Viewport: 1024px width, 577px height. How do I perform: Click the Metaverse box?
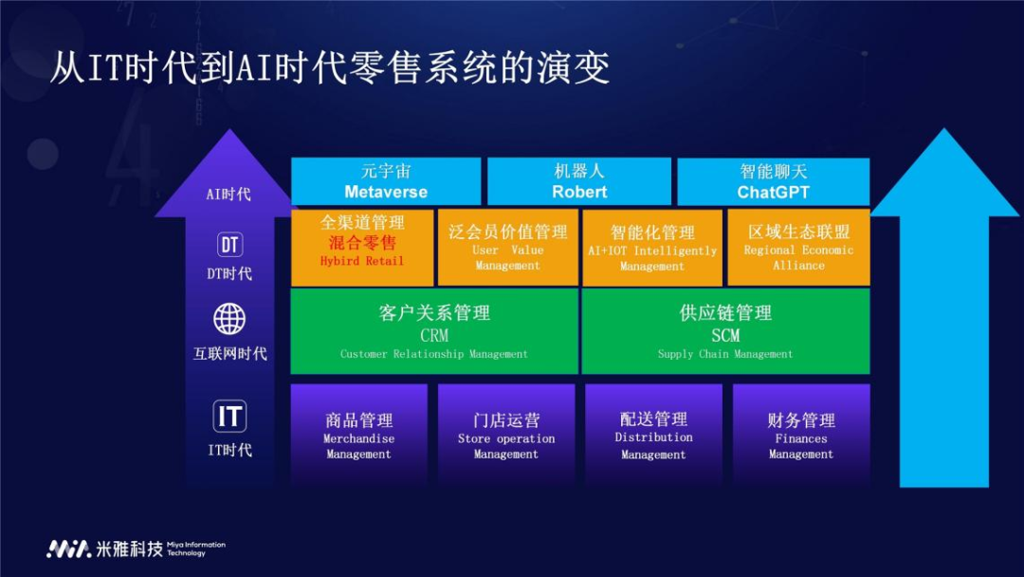click(386, 181)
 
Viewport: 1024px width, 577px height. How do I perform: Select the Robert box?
click(579, 181)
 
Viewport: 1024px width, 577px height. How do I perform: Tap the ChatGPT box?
click(773, 181)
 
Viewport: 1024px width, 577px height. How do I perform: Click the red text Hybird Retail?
click(362, 261)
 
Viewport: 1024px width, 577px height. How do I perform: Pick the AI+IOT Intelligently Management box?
click(652, 248)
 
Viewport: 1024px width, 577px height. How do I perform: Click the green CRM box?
click(433, 331)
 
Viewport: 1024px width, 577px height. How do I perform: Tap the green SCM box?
click(725, 331)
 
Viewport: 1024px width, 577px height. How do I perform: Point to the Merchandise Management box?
click(358, 436)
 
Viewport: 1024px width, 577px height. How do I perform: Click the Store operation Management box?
click(506, 436)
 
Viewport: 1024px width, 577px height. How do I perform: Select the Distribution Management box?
click(653, 436)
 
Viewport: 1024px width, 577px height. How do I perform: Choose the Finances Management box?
click(801, 436)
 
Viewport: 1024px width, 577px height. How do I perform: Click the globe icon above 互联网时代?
click(229, 319)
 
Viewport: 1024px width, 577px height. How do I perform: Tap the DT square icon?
click(229, 245)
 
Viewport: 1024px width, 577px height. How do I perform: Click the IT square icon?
click(229, 417)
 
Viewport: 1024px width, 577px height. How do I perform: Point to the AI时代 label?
click(229, 195)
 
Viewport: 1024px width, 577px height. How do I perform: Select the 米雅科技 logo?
click(104, 549)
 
